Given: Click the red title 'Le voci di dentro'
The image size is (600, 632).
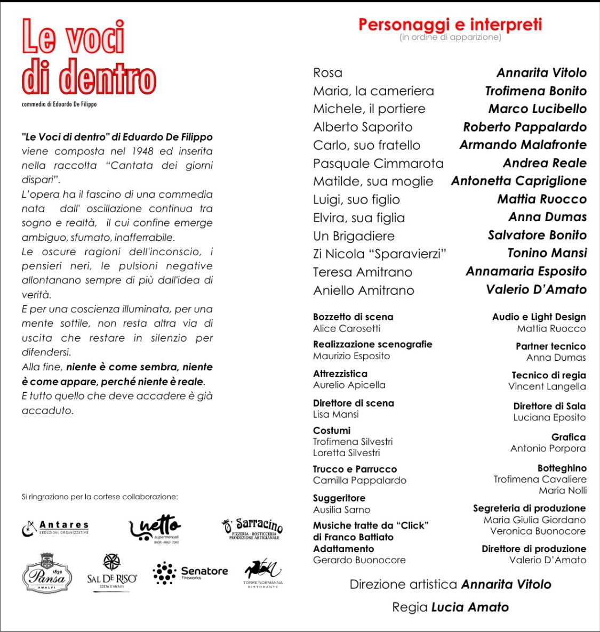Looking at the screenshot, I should (x=88, y=58).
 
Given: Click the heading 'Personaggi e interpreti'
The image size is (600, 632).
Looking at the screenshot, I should (x=450, y=25).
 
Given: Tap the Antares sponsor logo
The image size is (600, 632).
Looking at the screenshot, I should (x=55, y=528).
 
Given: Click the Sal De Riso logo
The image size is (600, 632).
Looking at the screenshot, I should (x=111, y=573).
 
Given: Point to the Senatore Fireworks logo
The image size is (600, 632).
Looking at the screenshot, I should (x=190, y=573).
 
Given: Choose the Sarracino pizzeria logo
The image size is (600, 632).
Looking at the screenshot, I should (x=252, y=528).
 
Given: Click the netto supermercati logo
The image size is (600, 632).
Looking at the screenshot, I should (x=155, y=528).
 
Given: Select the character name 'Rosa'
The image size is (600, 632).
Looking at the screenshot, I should (x=327, y=73).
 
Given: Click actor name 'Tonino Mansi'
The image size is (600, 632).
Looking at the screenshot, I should (x=547, y=253).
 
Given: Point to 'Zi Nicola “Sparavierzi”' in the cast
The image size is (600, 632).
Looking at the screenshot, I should (x=379, y=254).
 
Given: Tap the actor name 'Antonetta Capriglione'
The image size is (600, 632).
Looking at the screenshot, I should (x=518, y=181).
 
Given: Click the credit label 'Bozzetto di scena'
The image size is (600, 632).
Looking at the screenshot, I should (x=353, y=317).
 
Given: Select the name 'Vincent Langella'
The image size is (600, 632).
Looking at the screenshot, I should (x=547, y=387).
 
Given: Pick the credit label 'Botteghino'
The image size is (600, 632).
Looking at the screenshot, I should (x=562, y=468).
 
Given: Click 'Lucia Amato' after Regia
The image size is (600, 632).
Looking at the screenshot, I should (x=470, y=607).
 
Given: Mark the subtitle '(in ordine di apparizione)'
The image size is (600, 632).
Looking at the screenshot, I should (x=450, y=37).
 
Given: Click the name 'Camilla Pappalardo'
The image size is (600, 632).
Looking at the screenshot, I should (x=359, y=481).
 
